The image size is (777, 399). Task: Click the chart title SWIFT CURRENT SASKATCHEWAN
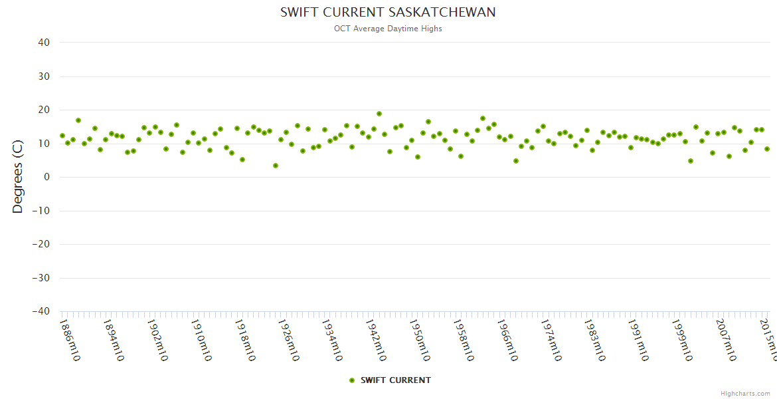coord(388,13)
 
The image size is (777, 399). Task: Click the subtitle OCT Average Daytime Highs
coord(388,29)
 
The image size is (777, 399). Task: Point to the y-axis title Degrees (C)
coord(18,177)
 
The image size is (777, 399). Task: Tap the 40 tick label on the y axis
coord(44,43)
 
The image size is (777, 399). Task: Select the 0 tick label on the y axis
coord(46,177)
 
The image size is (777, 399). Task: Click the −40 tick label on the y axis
coord(41,311)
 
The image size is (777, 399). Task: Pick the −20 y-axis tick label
coord(41,244)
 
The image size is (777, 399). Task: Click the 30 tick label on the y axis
coord(44,76)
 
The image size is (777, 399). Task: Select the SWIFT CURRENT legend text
coord(396,380)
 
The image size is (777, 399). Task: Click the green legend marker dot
coord(352,380)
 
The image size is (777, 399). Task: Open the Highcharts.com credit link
coord(745,394)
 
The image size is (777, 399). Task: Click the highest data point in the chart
coord(379,114)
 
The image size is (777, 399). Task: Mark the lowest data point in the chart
coord(276,166)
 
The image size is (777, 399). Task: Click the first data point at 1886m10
coord(62,136)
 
